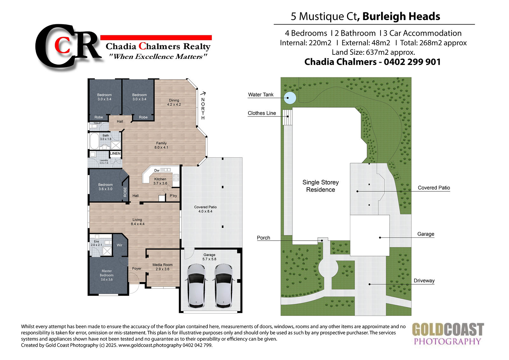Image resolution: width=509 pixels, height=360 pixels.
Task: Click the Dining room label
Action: [174, 100]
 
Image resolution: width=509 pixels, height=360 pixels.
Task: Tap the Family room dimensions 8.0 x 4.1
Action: [161, 147]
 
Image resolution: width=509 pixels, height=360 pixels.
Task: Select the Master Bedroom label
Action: [107, 273]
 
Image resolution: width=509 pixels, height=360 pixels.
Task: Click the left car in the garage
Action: [196, 286]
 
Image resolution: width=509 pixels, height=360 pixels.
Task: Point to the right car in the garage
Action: [223, 286]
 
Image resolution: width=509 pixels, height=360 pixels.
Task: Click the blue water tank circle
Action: [290, 98]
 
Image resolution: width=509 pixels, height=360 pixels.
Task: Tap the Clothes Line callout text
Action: [262, 113]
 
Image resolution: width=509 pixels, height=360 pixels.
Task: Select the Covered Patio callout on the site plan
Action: [434, 187]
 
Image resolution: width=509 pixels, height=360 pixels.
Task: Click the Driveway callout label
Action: [424, 281]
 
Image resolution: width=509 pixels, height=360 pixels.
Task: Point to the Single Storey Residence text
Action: [320, 186]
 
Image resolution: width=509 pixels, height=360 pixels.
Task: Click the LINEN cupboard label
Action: [115, 153]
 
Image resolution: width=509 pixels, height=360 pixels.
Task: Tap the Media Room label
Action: [163, 265]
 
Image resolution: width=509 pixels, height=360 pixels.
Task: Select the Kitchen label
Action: [160, 179]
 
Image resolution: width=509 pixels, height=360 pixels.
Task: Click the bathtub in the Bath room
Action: [94, 141]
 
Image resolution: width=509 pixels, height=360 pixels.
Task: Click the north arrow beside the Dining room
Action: [203, 93]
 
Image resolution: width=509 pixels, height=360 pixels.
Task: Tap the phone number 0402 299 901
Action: [412, 62]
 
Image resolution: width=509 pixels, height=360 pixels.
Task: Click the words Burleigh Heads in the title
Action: [401, 16]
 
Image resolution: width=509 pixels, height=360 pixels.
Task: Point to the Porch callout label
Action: [263, 238]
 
